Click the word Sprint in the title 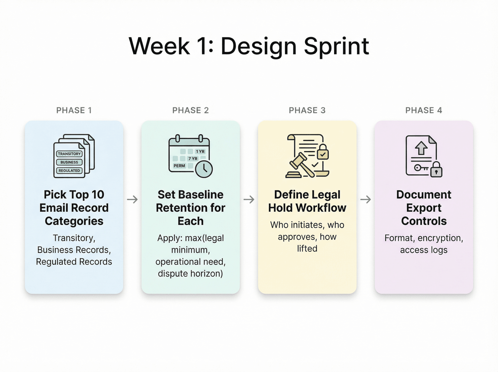tap(336, 47)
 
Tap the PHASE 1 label tap(74, 110)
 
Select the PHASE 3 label tap(307, 110)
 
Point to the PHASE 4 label tap(424, 110)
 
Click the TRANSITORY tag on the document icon tap(69, 154)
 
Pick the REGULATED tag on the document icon tap(69, 171)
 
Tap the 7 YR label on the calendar tap(193, 159)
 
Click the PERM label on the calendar tap(179, 166)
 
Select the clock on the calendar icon tap(204, 169)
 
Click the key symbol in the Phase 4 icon tap(421, 168)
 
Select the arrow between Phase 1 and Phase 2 tap(132, 199)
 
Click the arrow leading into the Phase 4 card tap(365, 199)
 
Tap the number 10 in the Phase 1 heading tap(98, 195)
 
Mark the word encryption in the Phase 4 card tap(440, 238)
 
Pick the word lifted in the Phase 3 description tap(307, 249)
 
